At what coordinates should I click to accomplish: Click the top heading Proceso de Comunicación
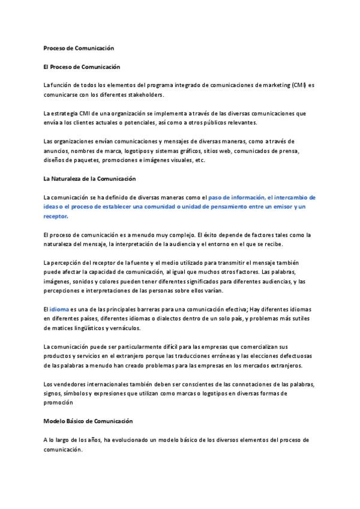point(78,47)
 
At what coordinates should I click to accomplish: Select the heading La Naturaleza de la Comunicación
point(89,178)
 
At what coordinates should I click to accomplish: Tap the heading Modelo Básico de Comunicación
point(88,421)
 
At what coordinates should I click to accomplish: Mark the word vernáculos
point(125,328)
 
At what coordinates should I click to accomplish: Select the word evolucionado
point(129,440)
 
